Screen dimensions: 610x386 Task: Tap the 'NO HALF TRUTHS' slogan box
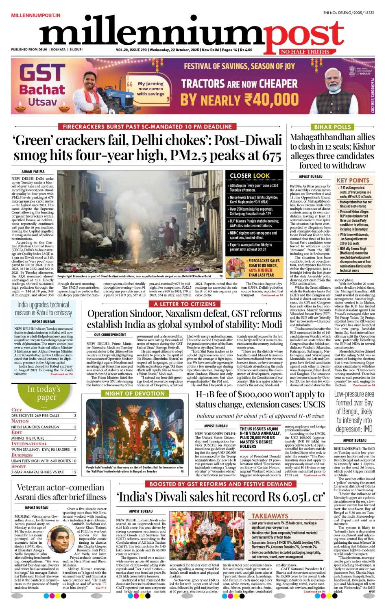(x=304, y=52)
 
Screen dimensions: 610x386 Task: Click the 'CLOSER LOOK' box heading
(x=249, y=176)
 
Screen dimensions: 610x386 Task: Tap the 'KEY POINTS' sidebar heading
(x=353, y=181)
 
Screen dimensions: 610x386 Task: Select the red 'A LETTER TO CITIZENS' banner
(x=185, y=304)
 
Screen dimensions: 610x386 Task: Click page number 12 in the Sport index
(x=74, y=472)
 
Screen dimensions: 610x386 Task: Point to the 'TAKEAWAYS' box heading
(x=269, y=516)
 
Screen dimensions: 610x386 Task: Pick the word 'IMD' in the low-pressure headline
(x=367, y=429)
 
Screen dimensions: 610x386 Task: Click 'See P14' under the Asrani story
(x=101, y=588)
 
